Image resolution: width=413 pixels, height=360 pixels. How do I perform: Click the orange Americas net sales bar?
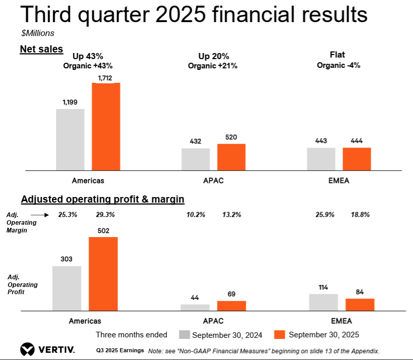point(106,127)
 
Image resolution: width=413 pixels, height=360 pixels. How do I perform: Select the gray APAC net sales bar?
point(196,159)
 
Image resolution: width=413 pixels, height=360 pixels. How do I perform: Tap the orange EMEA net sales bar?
point(357,159)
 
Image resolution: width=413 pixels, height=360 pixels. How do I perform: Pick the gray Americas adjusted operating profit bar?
point(67,289)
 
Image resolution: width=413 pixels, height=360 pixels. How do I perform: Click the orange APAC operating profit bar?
point(231,306)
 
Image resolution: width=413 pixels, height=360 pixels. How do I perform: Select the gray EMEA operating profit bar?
point(324,302)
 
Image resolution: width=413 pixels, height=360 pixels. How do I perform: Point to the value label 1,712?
point(105,78)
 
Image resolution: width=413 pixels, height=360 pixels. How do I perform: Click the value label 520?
point(231,137)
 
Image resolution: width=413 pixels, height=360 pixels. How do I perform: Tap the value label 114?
point(323,287)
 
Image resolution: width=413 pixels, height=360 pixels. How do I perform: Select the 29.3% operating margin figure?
point(105,214)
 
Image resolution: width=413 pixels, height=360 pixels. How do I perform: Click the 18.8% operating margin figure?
point(360,214)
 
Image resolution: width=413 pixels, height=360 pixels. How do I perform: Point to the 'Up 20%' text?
point(213,56)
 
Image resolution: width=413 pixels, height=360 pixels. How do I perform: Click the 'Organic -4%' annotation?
point(338,65)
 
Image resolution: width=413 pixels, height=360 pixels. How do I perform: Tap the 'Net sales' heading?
point(42,49)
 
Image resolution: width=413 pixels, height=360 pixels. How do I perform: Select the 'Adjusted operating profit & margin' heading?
point(103,199)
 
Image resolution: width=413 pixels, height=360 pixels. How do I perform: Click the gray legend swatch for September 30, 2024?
point(184,334)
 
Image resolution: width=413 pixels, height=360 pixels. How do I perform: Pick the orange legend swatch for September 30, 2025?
point(279,334)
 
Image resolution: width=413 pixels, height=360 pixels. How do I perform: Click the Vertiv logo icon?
point(27,350)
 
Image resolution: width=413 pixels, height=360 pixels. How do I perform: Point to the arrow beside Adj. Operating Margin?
point(40,215)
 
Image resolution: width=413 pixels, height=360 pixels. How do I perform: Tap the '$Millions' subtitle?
point(38,33)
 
